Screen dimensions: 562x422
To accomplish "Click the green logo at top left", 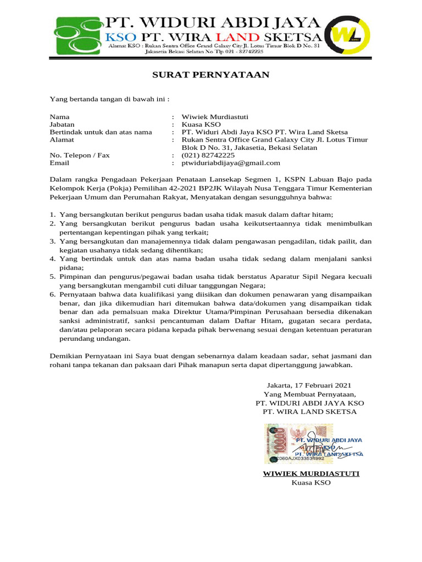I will coord(79,36).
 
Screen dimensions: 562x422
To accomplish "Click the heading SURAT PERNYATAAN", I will coord(211,75).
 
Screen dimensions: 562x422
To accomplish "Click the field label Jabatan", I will coord(62,125).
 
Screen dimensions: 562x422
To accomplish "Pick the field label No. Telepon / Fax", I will coord(80,155).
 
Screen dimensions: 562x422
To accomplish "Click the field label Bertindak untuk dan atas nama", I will coord(101,132).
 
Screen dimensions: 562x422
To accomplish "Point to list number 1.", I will coord(52,215).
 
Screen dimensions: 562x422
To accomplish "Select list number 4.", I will coord(52,258).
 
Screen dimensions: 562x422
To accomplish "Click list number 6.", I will coord(52,295).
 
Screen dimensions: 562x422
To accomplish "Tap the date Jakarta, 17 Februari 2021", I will coord(309,386).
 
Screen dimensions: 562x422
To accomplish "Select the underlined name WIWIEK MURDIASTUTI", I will coord(310,474).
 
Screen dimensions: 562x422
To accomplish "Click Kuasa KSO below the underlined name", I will coord(310,482).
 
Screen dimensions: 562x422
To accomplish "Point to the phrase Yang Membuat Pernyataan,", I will coord(310,395).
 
